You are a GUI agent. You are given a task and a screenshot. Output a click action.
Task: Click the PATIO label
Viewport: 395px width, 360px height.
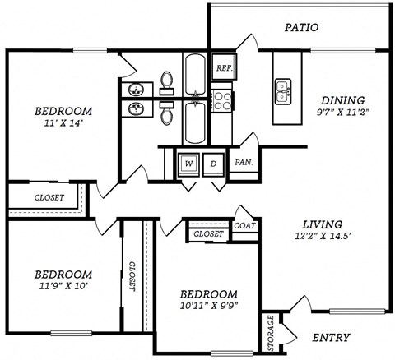click(x=301, y=27)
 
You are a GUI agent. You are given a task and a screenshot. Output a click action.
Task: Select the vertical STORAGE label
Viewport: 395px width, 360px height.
click(x=268, y=331)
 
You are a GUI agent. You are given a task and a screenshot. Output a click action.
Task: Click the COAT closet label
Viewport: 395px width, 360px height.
click(x=244, y=224)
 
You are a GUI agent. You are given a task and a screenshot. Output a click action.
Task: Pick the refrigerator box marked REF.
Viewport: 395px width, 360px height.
click(x=223, y=68)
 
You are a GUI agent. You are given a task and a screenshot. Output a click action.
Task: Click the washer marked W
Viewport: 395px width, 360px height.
click(x=188, y=163)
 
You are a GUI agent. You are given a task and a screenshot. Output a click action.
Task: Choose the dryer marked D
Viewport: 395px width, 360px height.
click(x=212, y=163)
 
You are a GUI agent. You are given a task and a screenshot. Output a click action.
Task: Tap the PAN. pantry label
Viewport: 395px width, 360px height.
click(x=243, y=162)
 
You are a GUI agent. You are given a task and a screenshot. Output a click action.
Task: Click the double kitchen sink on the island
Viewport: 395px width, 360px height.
click(x=284, y=90)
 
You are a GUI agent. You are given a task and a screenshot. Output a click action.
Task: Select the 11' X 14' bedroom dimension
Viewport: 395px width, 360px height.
click(x=63, y=124)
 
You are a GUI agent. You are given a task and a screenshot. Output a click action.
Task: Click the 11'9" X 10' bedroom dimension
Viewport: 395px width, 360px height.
click(x=63, y=287)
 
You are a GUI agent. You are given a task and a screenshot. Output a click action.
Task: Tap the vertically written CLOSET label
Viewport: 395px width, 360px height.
click(x=132, y=278)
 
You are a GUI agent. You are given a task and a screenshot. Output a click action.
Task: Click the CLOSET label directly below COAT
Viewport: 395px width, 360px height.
click(x=209, y=235)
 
